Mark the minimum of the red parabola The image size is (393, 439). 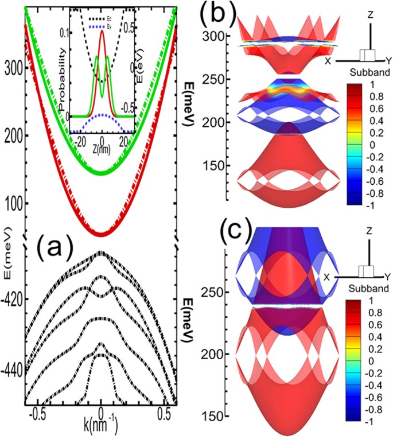tap(101, 235)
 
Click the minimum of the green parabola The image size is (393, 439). tap(101, 173)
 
